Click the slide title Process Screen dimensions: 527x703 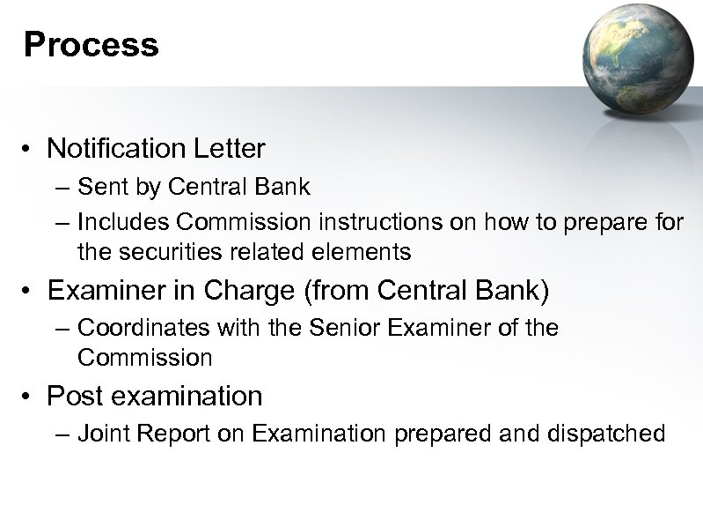click(x=92, y=44)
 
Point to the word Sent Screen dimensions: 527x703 click(x=99, y=188)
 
